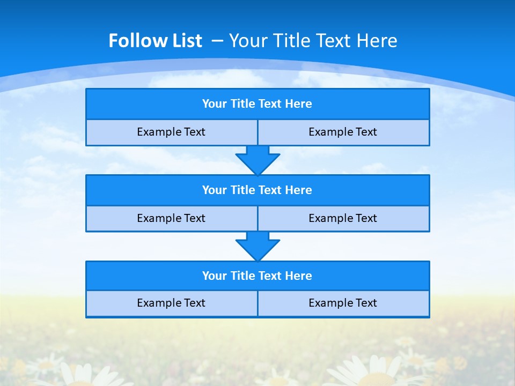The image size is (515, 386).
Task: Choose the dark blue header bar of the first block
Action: click(x=257, y=104)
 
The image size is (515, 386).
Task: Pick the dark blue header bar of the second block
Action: click(x=257, y=190)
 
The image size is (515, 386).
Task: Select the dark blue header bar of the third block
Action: click(x=257, y=276)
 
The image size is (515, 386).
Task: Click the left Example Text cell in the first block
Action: click(x=171, y=132)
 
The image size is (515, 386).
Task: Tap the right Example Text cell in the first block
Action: click(x=343, y=132)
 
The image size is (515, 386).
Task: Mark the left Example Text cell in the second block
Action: click(x=171, y=218)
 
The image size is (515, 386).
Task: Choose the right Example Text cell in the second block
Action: click(x=343, y=218)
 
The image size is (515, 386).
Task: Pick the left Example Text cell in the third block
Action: click(x=171, y=303)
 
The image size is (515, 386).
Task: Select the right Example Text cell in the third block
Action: click(x=343, y=303)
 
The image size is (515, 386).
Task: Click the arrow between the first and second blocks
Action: click(x=257, y=160)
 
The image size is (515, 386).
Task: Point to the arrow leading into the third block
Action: click(x=257, y=246)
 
